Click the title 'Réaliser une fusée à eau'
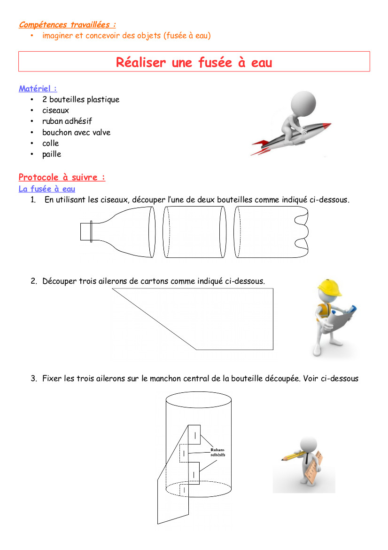pos(194,63)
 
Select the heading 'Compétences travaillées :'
pos(67,24)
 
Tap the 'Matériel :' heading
pos(38,88)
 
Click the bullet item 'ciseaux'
pos(56,111)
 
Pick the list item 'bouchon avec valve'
pos(77,132)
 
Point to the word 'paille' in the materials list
pos(52,154)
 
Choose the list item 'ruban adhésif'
pos(67,121)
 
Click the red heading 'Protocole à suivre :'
pos(62,177)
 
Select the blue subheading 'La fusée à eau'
pos(47,189)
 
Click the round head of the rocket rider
pos(303,103)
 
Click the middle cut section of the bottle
pos(194,232)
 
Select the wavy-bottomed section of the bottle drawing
pos(271,232)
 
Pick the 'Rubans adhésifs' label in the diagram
pos(217,452)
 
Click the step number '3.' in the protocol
pos(34,378)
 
